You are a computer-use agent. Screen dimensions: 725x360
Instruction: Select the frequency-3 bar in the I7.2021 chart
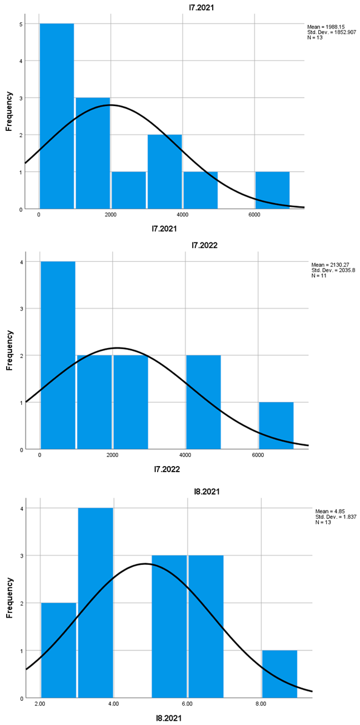pyautogui.click(x=93, y=153)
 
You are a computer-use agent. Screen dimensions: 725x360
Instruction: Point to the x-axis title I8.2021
pyautogui.click(x=170, y=718)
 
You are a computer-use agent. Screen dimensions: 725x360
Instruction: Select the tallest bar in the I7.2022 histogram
pyautogui.click(x=57, y=355)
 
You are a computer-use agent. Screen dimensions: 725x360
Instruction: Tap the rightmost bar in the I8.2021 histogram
pyautogui.click(x=279, y=673)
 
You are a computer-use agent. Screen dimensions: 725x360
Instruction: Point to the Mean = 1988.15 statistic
pyautogui.click(x=326, y=27)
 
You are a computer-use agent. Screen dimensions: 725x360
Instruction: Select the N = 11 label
pyautogui.click(x=317, y=276)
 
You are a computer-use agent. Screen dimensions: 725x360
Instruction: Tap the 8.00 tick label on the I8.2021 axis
pyautogui.click(x=261, y=704)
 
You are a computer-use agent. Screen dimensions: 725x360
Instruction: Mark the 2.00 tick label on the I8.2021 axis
pyautogui.click(x=40, y=704)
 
